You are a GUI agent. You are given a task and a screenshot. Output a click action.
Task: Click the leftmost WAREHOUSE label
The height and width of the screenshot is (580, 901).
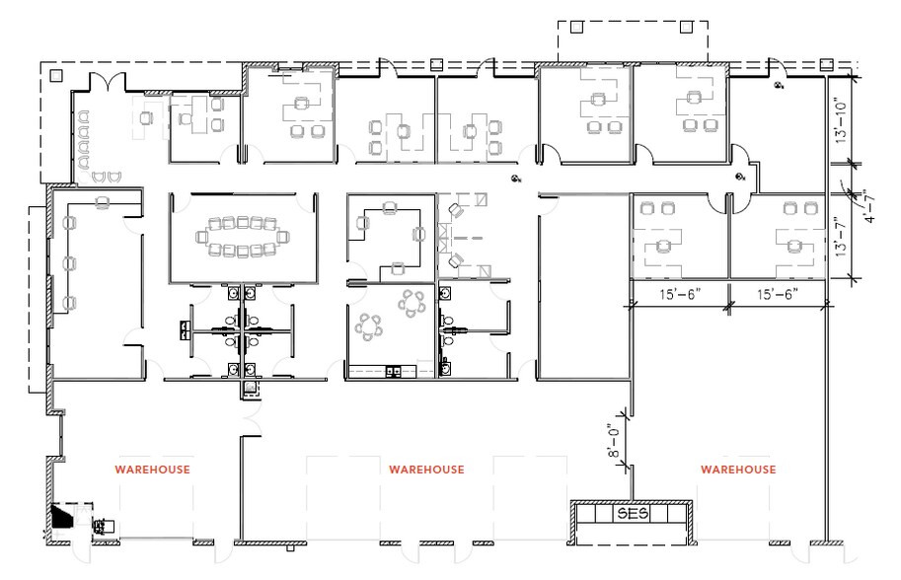(x=153, y=470)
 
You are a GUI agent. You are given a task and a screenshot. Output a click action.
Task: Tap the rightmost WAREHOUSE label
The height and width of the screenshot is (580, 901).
(x=738, y=470)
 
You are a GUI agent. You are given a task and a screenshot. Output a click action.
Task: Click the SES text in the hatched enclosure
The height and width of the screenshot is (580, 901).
(x=629, y=515)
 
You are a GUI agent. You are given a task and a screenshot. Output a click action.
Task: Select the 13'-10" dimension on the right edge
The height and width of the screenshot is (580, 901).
(x=842, y=119)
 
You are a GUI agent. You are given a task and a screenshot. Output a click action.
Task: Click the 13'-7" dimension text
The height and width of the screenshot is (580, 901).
(x=842, y=237)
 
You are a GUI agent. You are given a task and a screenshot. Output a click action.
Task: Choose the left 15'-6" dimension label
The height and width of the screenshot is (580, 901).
(x=680, y=295)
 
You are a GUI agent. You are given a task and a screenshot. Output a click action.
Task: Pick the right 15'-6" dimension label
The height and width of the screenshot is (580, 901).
(x=777, y=295)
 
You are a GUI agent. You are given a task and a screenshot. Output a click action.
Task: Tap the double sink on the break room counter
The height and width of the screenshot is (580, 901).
(x=394, y=372)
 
